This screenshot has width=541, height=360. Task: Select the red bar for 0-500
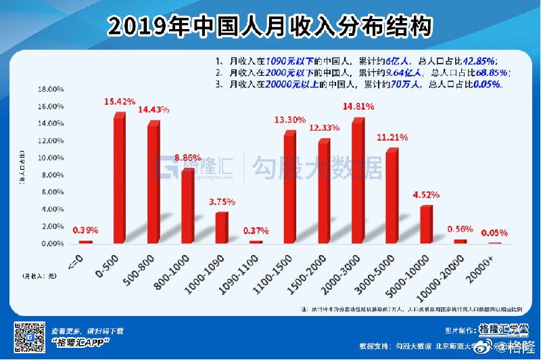click(x=119, y=179)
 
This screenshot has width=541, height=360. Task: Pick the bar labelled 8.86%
click(x=187, y=206)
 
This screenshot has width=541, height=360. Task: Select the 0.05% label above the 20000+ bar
click(x=495, y=233)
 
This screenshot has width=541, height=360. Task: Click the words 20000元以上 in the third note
click(x=291, y=85)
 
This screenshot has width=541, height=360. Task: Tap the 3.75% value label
click(x=222, y=202)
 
